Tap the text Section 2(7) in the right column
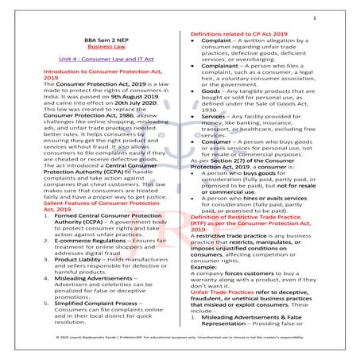(x=223, y=175)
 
